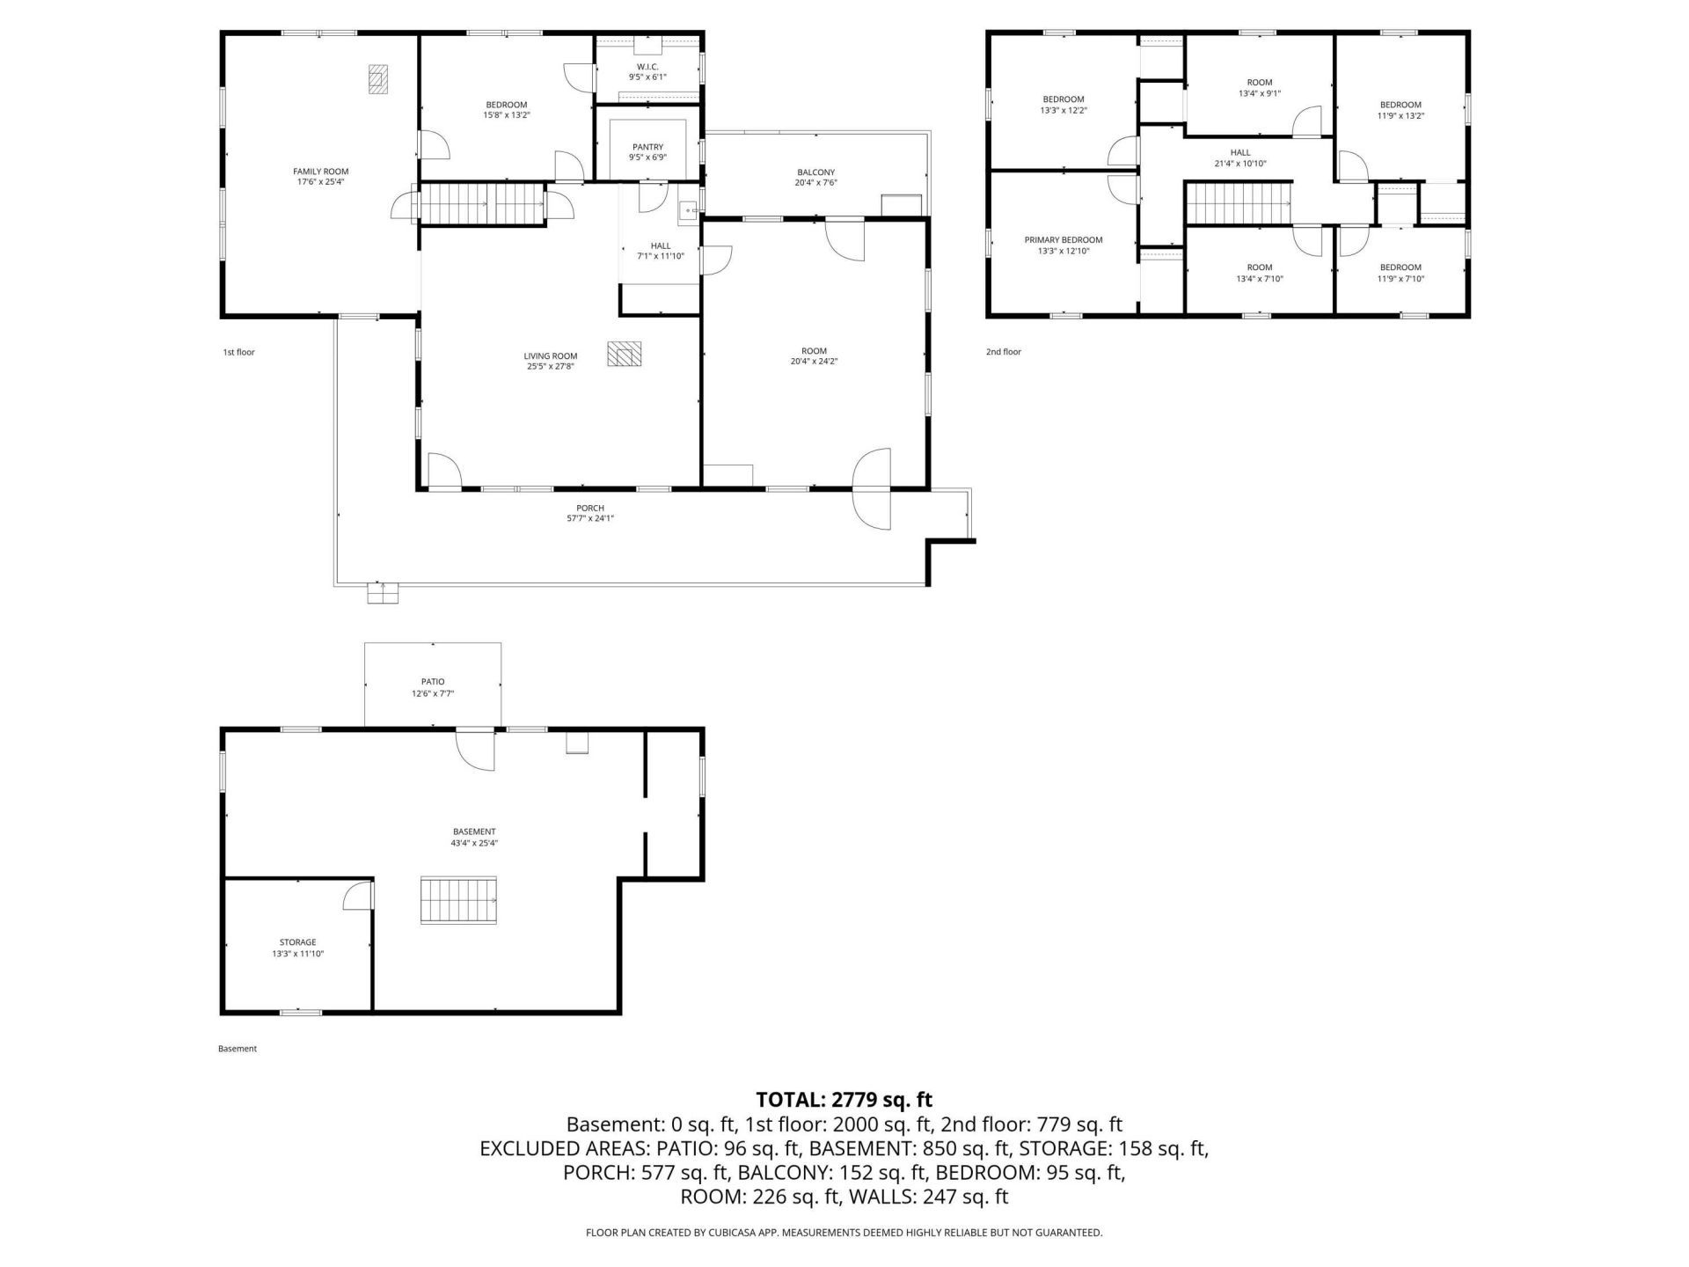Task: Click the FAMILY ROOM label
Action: tap(320, 172)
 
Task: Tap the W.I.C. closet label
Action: tap(647, 67)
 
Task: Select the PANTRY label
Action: tap(647, 147)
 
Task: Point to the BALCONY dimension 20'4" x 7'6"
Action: tap(815, 184)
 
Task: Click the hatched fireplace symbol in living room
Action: tap(624, 353)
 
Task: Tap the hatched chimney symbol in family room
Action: tap(378, 78)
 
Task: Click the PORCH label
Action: tap(589, 508)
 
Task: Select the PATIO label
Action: tap(432, 682)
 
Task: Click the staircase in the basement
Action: tap(458, 900)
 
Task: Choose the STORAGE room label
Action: tap(297, 942)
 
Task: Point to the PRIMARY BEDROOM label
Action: tap(1063, 240)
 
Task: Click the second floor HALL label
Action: tap(1239, 152)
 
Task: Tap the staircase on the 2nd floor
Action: tap(1237, 203)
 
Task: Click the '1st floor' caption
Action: tap(238, 352)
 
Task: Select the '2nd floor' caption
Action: tap(1003, 352)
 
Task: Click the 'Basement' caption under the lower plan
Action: tap(238, 1049)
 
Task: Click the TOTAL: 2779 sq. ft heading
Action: tap(844, 1100)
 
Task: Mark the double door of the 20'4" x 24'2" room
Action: tap(873, 488)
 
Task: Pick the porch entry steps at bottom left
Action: tap(382, 594)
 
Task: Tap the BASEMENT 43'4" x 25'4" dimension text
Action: tap(474, 843)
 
